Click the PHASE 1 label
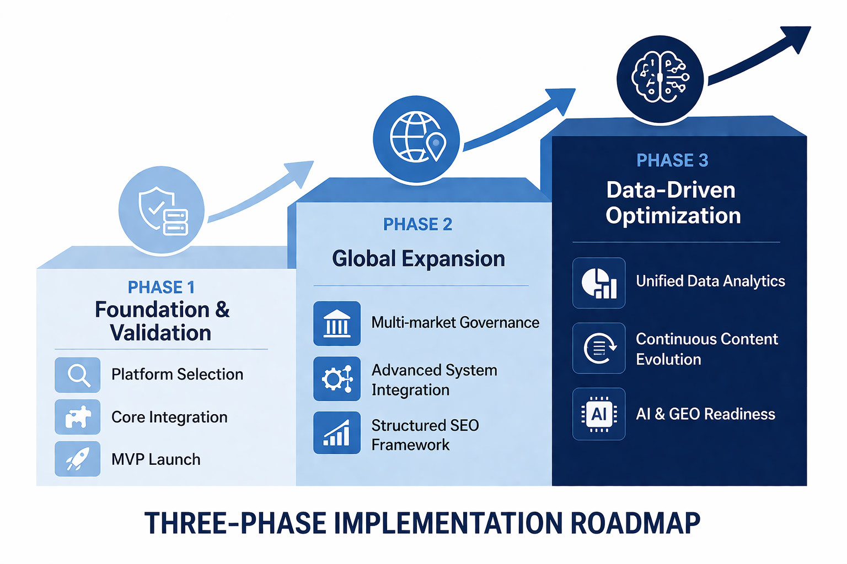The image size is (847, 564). pos(161,288)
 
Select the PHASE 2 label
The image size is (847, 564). pos(417,224)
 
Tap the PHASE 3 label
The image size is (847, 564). pos(672,160)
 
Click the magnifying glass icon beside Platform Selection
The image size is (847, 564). pos(78,375)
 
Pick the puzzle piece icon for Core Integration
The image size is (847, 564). pos(78,417)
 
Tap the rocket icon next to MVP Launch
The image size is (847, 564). pos(78,459)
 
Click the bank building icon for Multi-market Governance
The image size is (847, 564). pos(337,323)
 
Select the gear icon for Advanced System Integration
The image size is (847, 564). pos(337,379)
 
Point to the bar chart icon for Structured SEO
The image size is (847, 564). pos(337,433)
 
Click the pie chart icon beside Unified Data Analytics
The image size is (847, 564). pos(599,283)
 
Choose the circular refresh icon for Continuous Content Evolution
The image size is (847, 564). pos(599,348)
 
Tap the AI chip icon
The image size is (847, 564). pos(599,414)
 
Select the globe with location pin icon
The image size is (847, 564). pos(416,138)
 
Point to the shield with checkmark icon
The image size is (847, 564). pos(162,210)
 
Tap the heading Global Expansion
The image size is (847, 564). pos(419,259)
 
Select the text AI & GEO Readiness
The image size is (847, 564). pos(705,414)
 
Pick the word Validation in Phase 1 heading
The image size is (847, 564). pos(160,333)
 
